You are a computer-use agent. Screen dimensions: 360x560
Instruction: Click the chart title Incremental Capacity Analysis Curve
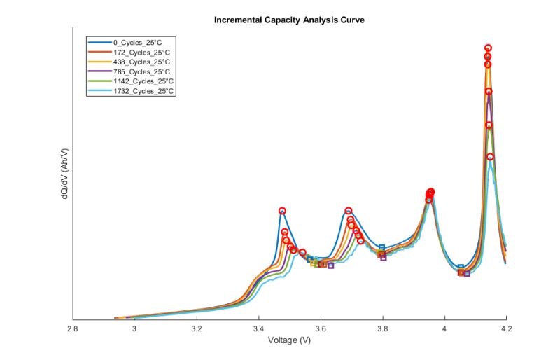coord(289,20)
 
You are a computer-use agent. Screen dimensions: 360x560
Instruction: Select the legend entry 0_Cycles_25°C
coord(141,42)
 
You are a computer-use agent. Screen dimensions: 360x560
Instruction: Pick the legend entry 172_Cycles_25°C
coord(143,52)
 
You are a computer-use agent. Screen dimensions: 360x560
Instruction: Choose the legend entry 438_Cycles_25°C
coord(143,62)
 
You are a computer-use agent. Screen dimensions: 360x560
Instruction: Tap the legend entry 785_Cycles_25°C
coord(143,71)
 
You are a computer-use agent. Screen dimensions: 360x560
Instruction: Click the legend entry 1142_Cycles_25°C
coord(144,81)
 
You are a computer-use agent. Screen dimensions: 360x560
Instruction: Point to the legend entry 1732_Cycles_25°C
coord(144,91)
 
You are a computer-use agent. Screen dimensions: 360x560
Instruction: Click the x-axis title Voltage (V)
coord(289,340)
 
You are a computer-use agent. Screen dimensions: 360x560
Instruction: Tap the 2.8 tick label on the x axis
coord(73,328)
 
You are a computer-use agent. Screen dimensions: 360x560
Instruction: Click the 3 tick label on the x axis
coord(134,328)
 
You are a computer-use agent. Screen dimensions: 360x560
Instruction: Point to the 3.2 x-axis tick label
coord(197,328)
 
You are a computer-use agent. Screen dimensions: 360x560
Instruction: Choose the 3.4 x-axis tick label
coord(258,328)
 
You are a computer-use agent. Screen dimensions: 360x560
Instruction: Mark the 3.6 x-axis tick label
coord(321,328)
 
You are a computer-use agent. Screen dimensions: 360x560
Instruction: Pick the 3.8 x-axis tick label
coord(382,328)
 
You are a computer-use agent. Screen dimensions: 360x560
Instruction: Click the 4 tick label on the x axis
coord(444,328)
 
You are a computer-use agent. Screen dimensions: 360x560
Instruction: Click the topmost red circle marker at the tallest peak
coord(488,48)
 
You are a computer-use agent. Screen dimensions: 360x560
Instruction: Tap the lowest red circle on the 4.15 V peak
coord(490,157)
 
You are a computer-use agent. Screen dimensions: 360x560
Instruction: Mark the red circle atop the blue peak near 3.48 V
coord(282,211)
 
